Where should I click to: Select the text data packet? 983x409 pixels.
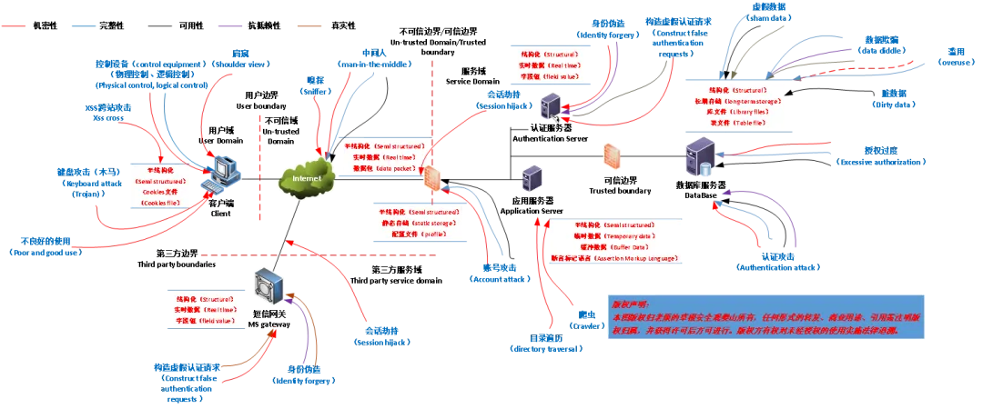(x=392, y=169)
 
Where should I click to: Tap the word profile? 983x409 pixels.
(x=431, y=233)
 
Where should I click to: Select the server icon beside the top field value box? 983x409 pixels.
(x=549, y=108)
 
